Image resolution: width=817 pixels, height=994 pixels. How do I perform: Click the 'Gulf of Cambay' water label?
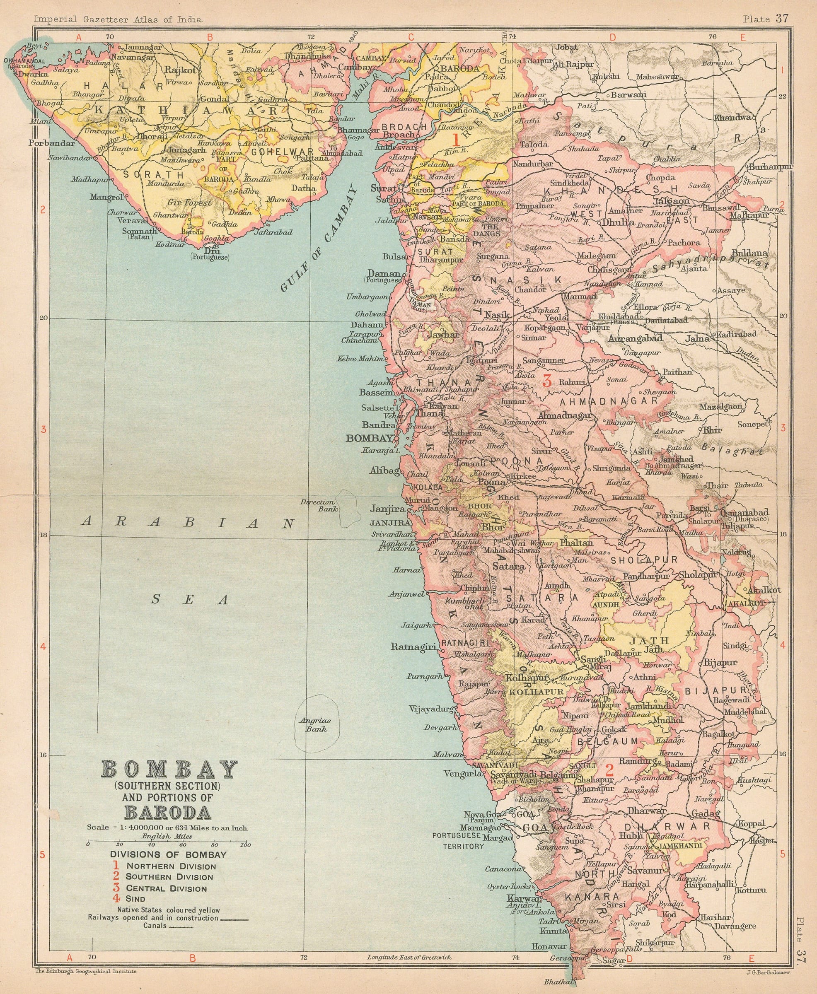318,239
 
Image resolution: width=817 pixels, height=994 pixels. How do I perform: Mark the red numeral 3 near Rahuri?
546,381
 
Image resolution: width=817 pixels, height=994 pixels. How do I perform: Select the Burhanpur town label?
769,166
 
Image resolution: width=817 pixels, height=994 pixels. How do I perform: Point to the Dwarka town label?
33,74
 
